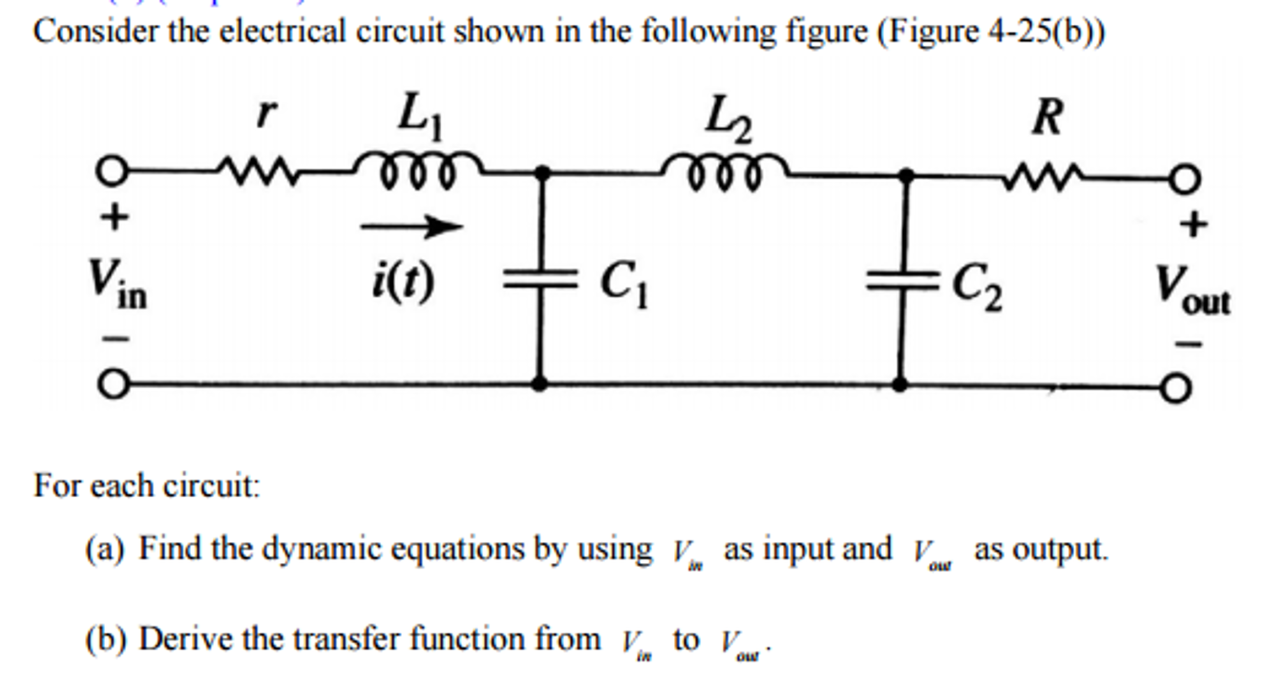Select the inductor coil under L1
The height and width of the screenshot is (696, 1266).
click(418, 170)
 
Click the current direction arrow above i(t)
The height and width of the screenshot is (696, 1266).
click(411, 227)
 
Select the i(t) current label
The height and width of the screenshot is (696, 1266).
click(403, 282)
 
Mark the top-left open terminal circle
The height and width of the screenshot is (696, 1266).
click(112, 172)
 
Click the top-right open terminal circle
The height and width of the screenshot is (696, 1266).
click(1184, 179)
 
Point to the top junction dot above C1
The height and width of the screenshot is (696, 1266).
click(542, 173)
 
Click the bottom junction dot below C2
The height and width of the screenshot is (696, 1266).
click(900, 385)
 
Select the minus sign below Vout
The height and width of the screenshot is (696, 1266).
click(1189, 343)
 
